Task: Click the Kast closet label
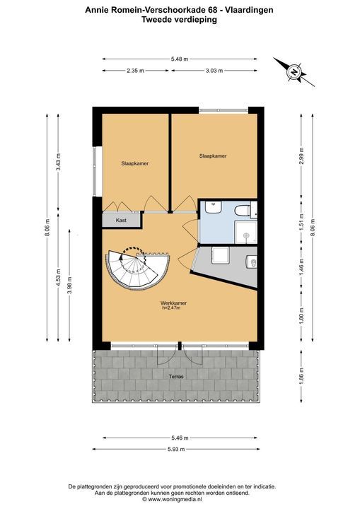point(121,220)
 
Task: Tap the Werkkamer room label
point(173,303)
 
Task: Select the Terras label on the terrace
point(176,377)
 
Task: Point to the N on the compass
point(294,72)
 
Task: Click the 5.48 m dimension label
point(180,59)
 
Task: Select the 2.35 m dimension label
point(136,71)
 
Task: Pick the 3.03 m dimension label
point(214,71)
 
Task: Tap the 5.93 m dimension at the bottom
point(176,450)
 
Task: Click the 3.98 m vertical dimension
point(69,286)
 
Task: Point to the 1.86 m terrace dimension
point(301,377)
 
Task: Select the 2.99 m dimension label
point(301,156)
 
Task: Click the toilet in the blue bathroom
point(243,211)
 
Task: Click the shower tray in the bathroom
point(246,233)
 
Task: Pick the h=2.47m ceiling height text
point(171,308)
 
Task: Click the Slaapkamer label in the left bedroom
point(135,163)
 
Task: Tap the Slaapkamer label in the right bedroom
point(213,156)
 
